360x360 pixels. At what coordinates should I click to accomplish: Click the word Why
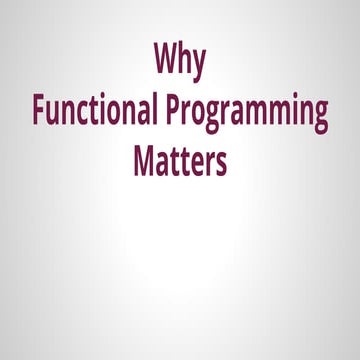click(x=180, y=59)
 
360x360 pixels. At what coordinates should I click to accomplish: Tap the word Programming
click(x=245, y=113)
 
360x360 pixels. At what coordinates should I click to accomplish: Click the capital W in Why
click(x=166, y=58)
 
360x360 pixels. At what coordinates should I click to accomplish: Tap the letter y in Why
click(x=198, y=63)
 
